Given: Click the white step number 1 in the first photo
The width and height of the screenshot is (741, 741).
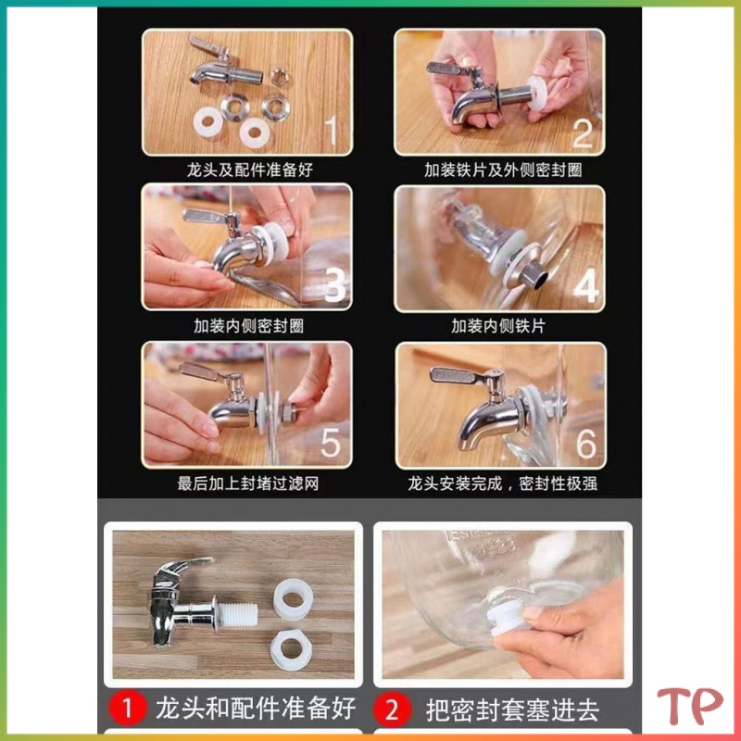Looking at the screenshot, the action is [x=332, y=131].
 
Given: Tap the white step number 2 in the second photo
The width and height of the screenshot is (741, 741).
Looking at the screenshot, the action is [x=583, y=133].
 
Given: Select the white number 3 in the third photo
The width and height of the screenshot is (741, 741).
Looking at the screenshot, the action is [x=336, y=285].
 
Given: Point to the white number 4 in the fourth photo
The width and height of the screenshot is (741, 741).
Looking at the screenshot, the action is [x=586, y=286].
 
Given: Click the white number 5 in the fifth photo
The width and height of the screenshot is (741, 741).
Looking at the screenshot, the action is [x=331, y=443].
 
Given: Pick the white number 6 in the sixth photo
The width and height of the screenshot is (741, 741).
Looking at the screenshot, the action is [x=586, y=444].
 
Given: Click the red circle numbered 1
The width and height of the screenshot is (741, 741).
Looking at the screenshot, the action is [x=127, y=709].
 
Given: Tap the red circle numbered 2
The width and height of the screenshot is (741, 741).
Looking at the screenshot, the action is [x=391, y=709].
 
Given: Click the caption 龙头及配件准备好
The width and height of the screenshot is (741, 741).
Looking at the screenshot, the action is [x=249, y=170].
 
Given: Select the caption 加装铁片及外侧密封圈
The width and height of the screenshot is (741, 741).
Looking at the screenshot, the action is [x=503, y=170].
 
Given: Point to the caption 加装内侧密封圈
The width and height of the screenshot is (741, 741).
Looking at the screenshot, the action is [x=248, y=326].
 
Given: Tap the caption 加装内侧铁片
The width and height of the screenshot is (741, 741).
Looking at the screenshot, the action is [x=498, y=326].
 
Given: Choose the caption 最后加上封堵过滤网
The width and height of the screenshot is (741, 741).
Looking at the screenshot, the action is [x=248, y=484].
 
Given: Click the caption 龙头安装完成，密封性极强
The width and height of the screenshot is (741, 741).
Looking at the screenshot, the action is [x=502, y=484].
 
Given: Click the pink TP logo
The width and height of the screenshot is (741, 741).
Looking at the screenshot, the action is [x=690, y=706].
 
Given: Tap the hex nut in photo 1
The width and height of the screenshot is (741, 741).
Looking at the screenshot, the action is [x=281, y=77].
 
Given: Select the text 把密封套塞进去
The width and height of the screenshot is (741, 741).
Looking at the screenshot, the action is [x=512, y=710].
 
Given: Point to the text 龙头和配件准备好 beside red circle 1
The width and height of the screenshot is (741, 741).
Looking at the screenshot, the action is [x=256, y=708].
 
